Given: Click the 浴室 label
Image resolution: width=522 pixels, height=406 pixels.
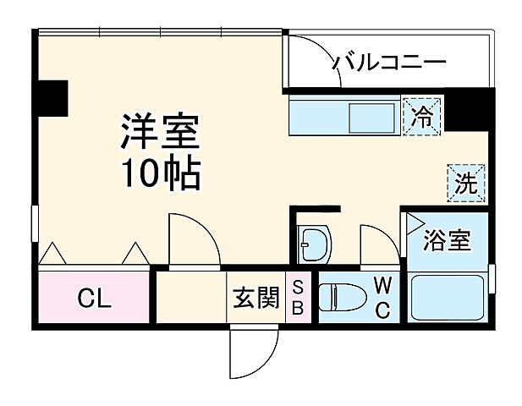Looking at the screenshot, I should click(x=448, y=240).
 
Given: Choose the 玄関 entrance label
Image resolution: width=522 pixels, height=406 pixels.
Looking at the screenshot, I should click(x=256, y=298).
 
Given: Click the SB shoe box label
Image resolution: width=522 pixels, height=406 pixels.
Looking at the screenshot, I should click(x=298, y=298).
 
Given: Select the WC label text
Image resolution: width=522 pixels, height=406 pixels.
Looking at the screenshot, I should click(x=382, y=297).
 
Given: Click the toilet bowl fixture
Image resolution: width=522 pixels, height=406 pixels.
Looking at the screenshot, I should click(x=341, y=297).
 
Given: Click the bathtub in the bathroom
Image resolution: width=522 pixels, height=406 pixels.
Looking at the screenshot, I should click(x=448, y=296).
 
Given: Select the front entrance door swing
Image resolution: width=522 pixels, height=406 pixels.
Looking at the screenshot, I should click(x=254, y=348).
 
